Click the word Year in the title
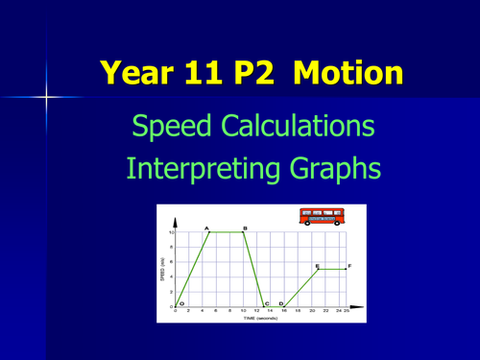(x=140, y=72)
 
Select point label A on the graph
(x=207, y=228)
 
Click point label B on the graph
(x=244, y=228)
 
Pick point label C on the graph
(x=267, y=303)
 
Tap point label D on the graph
(x=280, y=303)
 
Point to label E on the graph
(x=317, y=266)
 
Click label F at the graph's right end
(x=349, y=266)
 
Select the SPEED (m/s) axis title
(x=164, y=270)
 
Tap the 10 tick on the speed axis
(x=171, y=232)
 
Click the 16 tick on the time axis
(x=285, y=311)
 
